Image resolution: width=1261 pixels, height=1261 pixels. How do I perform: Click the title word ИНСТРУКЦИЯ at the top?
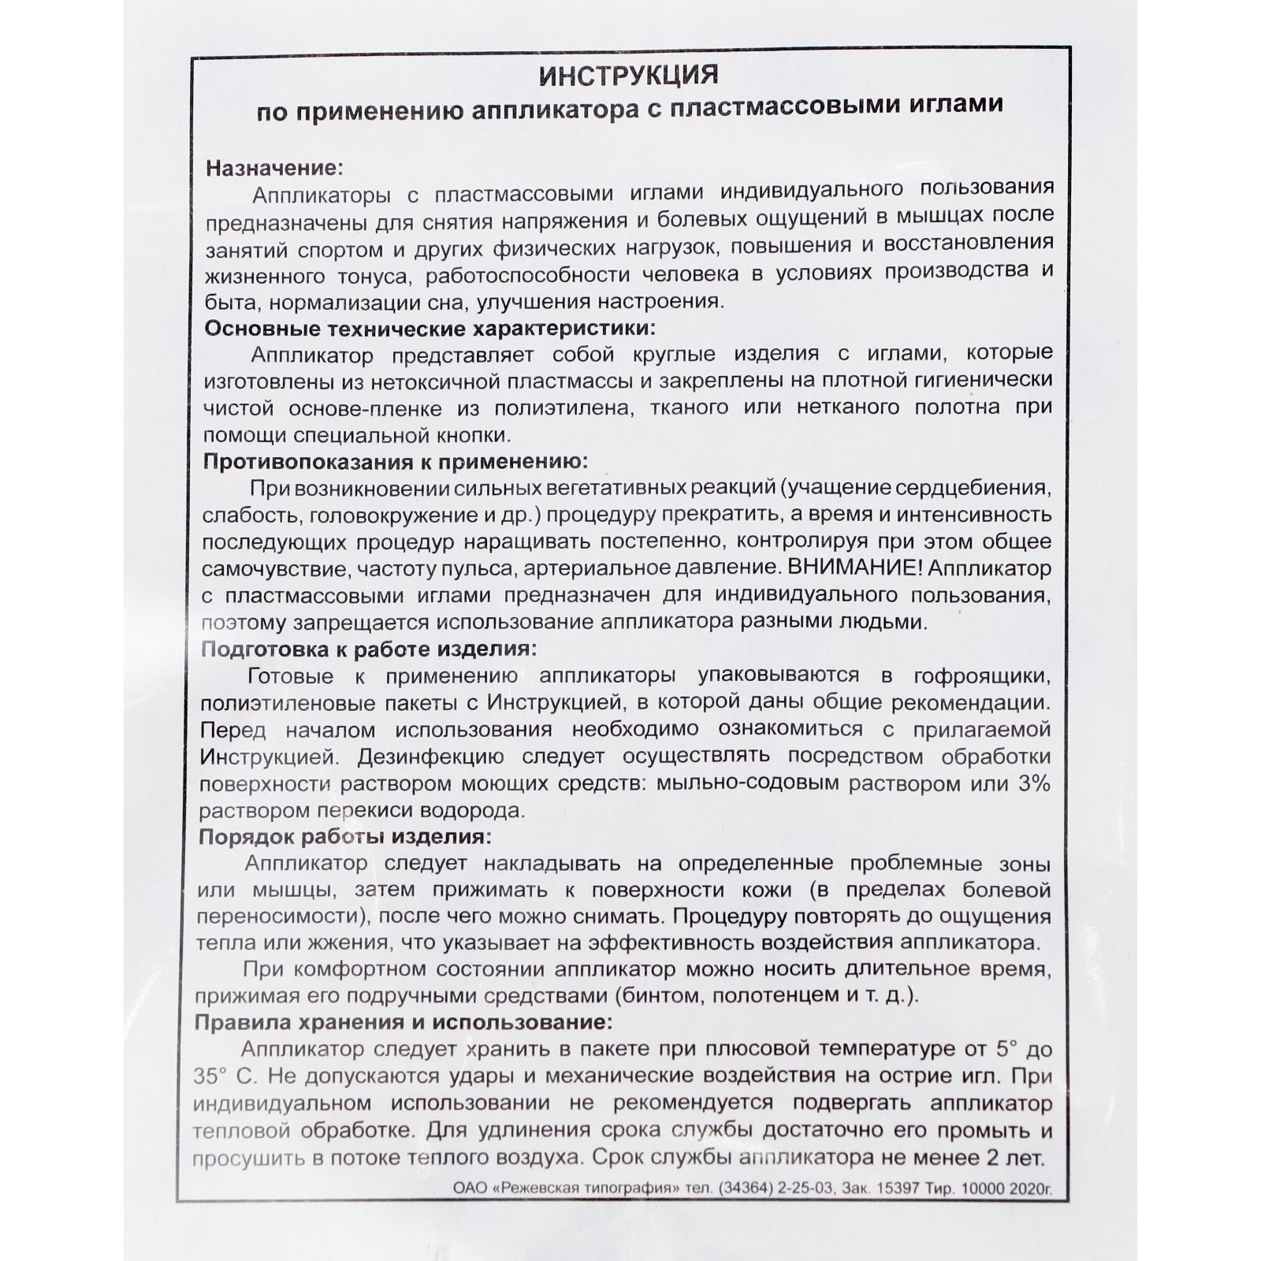[628, 76]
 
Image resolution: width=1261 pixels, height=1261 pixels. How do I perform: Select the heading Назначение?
[274, 168]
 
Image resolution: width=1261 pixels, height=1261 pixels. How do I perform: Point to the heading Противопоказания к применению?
[396, 461]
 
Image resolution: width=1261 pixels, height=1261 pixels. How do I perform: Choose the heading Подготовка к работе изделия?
[369, 649]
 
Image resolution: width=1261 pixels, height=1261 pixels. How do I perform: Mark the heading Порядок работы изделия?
[344, 836]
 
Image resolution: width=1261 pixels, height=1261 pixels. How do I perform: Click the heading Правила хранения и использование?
[403, 1022]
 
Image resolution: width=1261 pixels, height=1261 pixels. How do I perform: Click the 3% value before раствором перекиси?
[1033, 784]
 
